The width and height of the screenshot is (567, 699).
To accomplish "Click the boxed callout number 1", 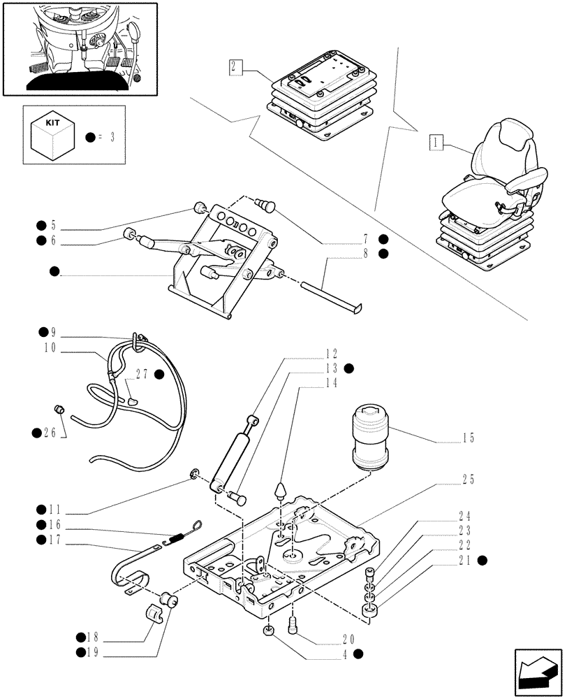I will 435,143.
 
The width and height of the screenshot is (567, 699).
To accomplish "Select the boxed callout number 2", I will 235,67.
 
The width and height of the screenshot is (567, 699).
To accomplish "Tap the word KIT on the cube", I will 52,122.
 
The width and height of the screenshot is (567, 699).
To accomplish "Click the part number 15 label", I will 467,438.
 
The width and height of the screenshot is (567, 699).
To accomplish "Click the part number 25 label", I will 467,480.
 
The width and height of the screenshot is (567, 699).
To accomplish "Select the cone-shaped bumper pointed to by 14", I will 281,489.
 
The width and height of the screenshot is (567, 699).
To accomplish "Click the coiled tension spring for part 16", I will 177,537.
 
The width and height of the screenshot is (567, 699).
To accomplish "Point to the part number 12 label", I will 330,354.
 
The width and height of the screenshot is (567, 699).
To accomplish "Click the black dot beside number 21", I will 483,561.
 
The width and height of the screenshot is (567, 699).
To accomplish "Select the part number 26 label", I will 50,433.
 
